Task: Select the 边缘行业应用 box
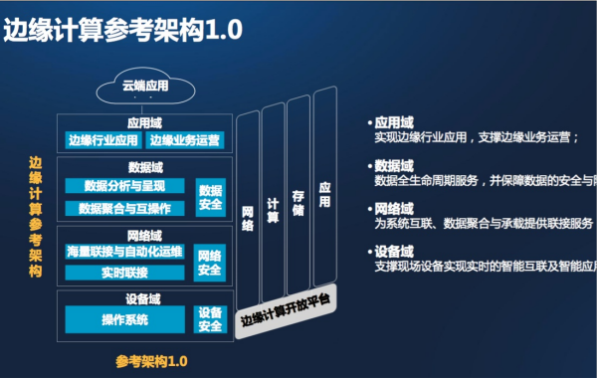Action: [103, 139]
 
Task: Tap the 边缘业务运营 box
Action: [187, 139]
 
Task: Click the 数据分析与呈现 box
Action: [125, 186]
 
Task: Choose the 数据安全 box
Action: [210, 197]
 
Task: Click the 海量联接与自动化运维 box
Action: [124, 252]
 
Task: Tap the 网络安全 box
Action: [210, 263]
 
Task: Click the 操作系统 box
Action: [125, 319]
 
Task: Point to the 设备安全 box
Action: [210, 319]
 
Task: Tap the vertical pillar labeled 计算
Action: [273, 204]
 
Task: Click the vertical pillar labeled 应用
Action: [323, 189]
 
